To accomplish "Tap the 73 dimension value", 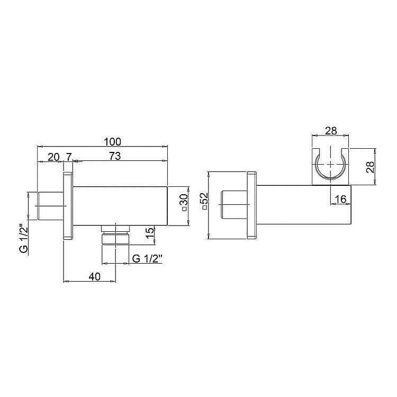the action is pos(115,156).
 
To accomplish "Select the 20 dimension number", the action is pos(53,157).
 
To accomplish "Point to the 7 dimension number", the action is pos(68,157).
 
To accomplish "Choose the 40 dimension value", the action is pos(95,276).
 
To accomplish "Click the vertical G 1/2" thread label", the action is pos(24,238).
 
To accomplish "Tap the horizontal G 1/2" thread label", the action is pos(147,258).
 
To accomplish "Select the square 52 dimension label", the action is pos(205,201).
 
